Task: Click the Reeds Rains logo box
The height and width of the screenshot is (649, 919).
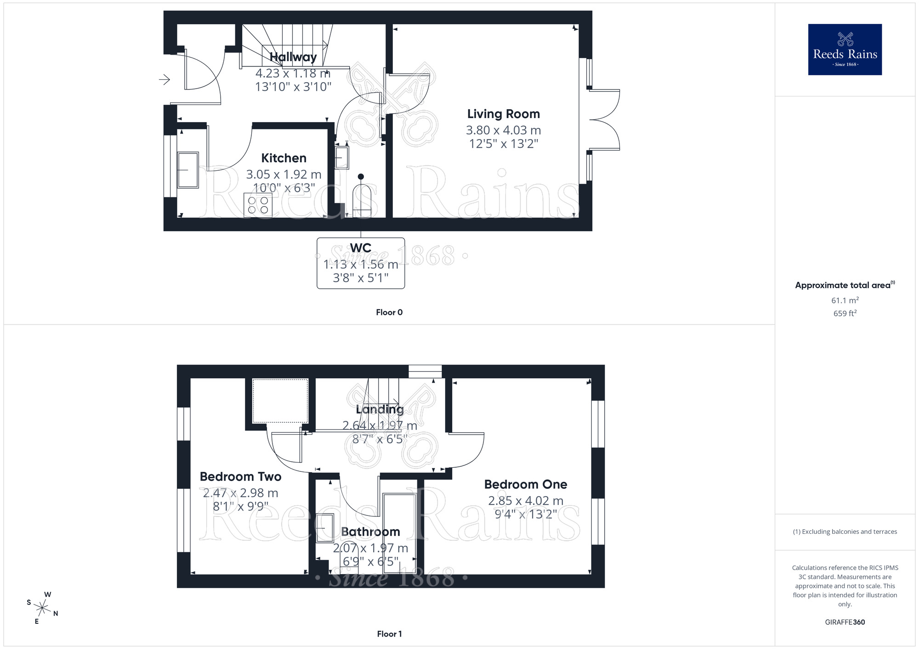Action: pyautogui.click(x=845, y=50)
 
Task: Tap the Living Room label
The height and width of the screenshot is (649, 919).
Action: pyautogui.click(x=503, y=114)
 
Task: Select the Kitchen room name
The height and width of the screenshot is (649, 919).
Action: pyautogui.click(x=284, y=158)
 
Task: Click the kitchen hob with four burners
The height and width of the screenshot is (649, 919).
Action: pyautogui.click(x=258, y=205)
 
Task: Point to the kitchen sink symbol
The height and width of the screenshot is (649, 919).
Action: pyautogui.click(x=188, y=170)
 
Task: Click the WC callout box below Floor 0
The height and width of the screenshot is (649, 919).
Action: pyautogui.click(x=361, y=263)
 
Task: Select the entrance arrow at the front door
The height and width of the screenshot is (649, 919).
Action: pyautogui.click(x=164, y=80)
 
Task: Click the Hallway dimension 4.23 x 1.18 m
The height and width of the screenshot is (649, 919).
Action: pyautogui.click(x=293, y=73)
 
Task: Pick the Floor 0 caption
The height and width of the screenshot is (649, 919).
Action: pyautogui.click(x=389, y=312)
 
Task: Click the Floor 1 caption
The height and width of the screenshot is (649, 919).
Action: pyautogui.click(x=389, y=634)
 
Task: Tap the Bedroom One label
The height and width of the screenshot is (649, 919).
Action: pyautogui.click(x=525, y=484)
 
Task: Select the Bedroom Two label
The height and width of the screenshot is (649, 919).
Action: pyautogui.click(x=240, y=476)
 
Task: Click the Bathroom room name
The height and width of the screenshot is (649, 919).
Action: pyautogui.click(x=370, y=532)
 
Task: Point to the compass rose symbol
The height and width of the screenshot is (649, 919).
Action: pyautogui.click(x=42, y=609)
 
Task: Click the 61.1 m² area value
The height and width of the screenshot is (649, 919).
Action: pyautogui.click(x=845, y=301)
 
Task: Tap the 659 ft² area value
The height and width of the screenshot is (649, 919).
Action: pyautogui.click(x=845, y=313)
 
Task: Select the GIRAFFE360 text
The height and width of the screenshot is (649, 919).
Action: pyautogui.click(x=845, y=622)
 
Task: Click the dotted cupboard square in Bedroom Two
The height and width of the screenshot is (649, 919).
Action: pyautogui.click(x=280, y=401)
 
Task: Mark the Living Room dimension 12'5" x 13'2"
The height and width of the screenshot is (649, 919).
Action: pyautogui.click(x=503, y=144)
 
